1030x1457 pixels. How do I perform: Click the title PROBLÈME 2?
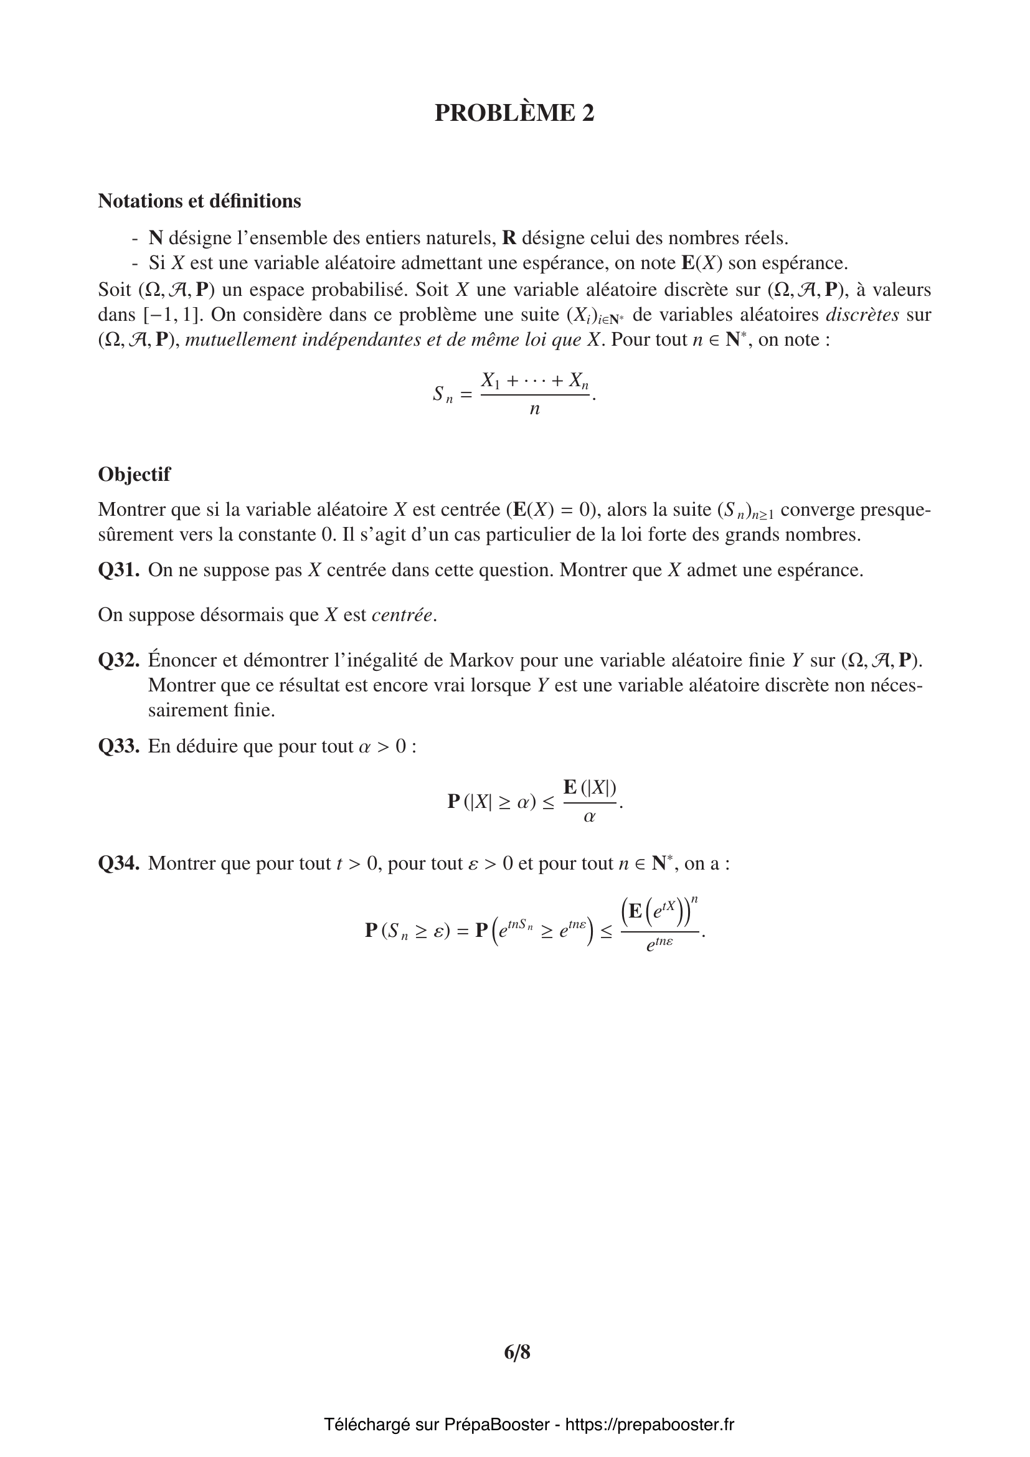(x=514, y=113)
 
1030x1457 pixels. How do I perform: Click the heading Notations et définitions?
(x=199, y=201)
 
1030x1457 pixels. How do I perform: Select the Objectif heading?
(x=134, y=474)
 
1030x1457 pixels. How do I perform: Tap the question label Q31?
(x=118, y=570)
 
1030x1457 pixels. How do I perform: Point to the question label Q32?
(x=118, y=660)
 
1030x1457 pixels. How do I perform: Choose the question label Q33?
(x=118, y=746)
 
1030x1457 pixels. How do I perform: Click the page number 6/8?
(x=517, y=1352)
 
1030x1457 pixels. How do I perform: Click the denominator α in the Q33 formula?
(x=589, y=817)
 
